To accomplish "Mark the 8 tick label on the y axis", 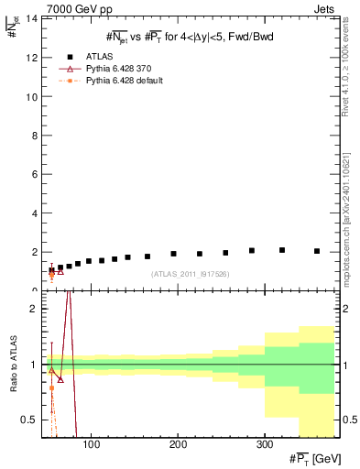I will pyautogui.click(x=32, y=135).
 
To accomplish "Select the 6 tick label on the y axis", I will pyautogui.click(x=32, y=174).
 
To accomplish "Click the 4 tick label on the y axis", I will pyautogui.click(x=32, y=213).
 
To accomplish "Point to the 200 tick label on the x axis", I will pyautogui.click(x=178, y=444).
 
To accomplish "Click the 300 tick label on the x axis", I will pyautogui.click(x=264, y=444).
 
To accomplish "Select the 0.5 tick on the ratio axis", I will pyautogui.click(x=27, y=420).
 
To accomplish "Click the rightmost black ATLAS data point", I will pyautogui.click(x=317, y=251).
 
